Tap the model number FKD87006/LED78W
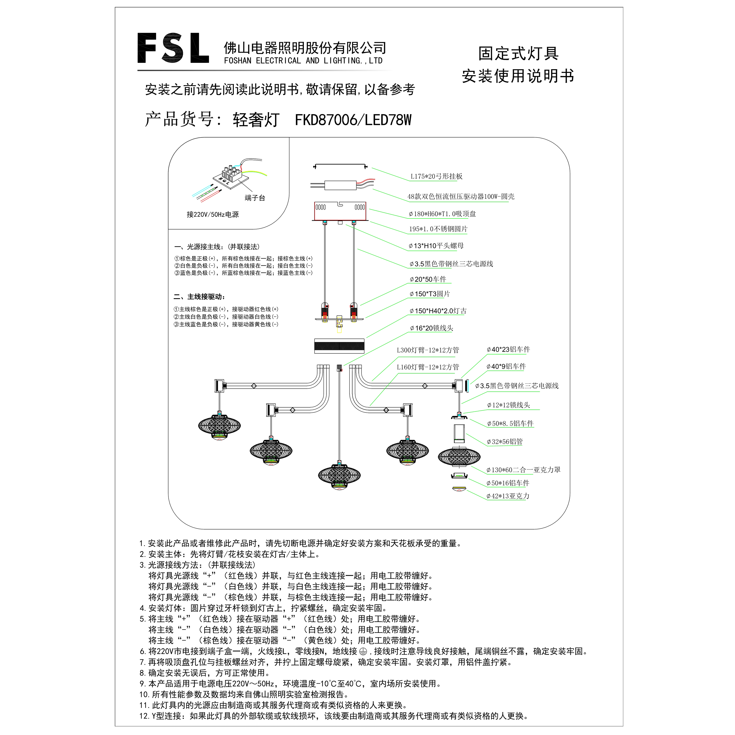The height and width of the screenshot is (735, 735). tap(353, 120)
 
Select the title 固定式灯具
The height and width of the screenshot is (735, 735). tap(518, 53)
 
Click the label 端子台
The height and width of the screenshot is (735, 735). tap(255, 198)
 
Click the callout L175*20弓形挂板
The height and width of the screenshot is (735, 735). tap(436, 176)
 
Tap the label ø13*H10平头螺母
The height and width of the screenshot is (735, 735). tap(436, 246)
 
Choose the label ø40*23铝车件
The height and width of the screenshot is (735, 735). tap(508, 349)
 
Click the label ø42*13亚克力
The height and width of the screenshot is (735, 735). tap(508, 496)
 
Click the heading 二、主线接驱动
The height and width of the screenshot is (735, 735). tap(199, 297)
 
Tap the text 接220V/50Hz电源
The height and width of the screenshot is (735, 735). tap(213, 215)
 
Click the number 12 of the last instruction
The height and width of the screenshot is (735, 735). tap(144, 716)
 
